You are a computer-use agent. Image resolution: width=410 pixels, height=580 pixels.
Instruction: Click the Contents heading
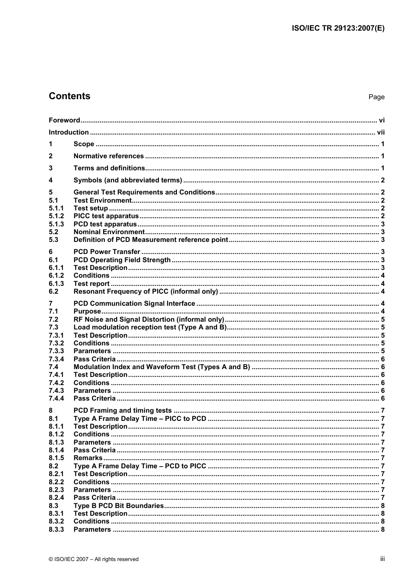click(69, 96)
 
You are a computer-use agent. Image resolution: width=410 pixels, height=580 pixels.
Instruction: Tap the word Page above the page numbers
click(376, 97)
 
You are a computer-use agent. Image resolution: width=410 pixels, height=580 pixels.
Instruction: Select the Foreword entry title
click(64, 120)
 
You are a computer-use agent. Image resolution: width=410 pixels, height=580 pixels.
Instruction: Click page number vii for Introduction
click(381, 132)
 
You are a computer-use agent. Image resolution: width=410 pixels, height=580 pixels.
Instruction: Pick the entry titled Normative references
click(108, 156)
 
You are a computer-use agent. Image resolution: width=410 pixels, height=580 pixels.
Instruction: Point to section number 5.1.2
click(56, 216)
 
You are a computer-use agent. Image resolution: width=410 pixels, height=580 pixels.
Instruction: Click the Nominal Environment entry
click(109, 232)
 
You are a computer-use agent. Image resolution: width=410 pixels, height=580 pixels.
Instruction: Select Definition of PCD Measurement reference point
click(151, 240)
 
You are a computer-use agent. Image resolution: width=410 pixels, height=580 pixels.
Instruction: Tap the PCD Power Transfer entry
click(107, 252)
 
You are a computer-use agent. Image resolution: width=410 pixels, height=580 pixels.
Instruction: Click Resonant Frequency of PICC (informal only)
click(145, 292)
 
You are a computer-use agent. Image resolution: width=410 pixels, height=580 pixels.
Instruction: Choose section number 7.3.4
click(56, 359)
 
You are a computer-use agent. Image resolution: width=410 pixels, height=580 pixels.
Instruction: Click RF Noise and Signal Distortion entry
click(148, 320)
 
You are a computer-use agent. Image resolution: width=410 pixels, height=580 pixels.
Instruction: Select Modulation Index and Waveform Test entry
click(161, 367)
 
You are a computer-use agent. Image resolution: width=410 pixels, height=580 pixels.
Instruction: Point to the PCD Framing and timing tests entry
click(123, 411)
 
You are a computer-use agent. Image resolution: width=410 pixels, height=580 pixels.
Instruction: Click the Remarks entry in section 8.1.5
click(88, 458)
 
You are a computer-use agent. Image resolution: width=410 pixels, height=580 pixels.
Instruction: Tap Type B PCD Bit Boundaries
click(118, 506)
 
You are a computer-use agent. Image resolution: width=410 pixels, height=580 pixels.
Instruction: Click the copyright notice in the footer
click(94, 559)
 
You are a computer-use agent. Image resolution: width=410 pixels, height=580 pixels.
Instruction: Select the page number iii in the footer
click(382, 559)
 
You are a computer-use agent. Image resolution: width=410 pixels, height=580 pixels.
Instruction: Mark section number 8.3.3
click(56, 530)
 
